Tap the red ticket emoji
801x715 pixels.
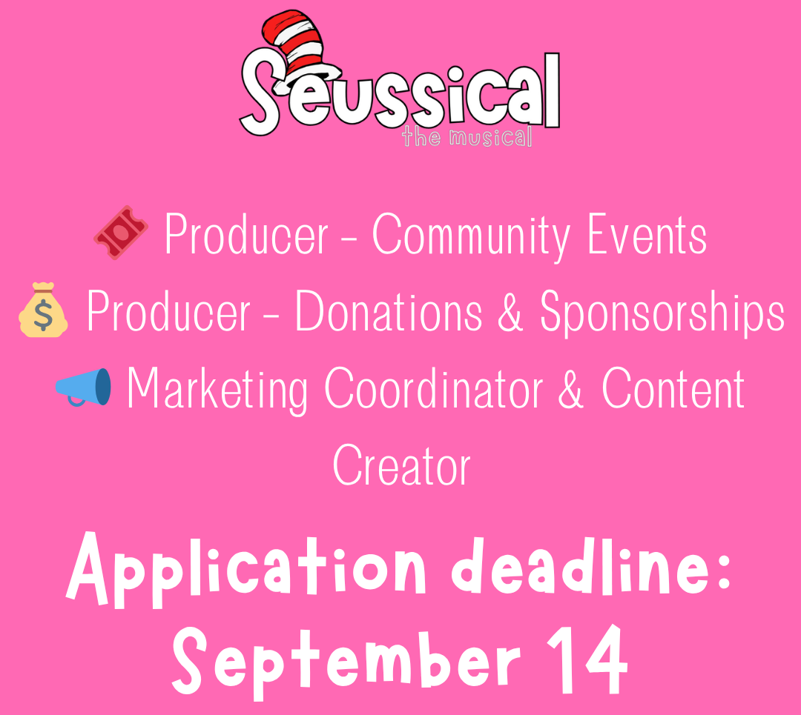pos(121,233)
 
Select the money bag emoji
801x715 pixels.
pos(43,310)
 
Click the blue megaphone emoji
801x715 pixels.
pos(83,388)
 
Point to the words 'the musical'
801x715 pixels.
pos(467,137)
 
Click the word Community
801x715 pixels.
pos(470,236)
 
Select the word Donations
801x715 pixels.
pos(389,310)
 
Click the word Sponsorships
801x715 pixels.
pos(662,313)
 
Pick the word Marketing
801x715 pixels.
pos(217,390)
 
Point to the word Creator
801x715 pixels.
pos(401,465)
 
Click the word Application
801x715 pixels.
pos(245,571)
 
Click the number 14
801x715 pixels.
pos(587,659)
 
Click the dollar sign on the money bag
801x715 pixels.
pos(43,316)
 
